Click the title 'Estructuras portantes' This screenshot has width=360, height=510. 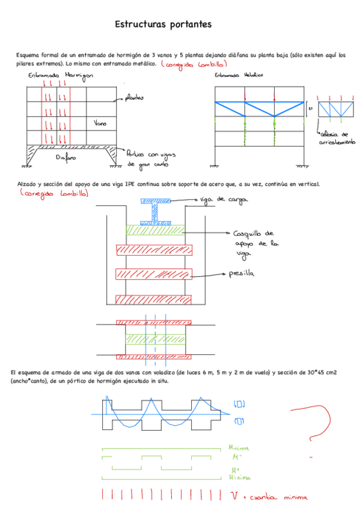tap(162, 25)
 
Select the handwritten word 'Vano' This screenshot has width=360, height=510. tap(100, 124)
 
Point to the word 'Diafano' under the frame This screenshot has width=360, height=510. tap(65, 158)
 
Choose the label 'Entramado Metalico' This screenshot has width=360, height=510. tap(234, 76)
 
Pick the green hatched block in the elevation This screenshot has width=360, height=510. tap(155, 230)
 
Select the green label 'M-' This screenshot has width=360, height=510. tap(236, 457)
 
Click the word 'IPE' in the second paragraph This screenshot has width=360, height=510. tap(136, 184)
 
